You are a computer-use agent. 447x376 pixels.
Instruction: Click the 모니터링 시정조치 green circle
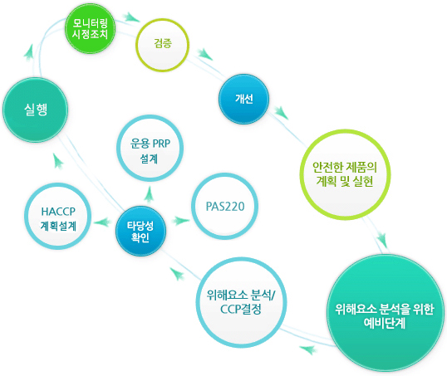click(90, 28)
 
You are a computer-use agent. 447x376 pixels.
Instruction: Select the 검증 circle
click(163, 45)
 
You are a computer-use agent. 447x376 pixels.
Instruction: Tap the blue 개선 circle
click(243, 99)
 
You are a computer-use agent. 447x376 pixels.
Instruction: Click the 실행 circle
click(36, 110)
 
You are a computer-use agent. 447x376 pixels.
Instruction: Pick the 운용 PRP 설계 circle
click(150, 148)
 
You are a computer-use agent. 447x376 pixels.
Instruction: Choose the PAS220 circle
click(224, 207)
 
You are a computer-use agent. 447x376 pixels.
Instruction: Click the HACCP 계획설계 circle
click(58, 217)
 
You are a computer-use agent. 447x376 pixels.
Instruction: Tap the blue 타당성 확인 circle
click(140, 231)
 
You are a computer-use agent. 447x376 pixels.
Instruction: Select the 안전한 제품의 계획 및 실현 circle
click(346, 174)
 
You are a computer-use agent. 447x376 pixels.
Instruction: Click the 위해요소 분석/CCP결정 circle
click(241, 302)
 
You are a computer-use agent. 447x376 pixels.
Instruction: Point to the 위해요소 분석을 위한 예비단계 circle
click(386, 313)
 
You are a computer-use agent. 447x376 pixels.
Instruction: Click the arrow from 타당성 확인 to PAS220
click(180, 221)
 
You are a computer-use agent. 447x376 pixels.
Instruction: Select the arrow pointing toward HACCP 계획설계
click(103, 222)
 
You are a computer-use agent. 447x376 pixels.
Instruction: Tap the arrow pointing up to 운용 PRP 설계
click(149, 193)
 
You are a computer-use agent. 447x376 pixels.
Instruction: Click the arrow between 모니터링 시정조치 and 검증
click(131, 17)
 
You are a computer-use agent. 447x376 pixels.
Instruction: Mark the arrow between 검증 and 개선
click(204, 54)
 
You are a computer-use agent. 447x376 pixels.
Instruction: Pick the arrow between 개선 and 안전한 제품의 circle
click(281, 113)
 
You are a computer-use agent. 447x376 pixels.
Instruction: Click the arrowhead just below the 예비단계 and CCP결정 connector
click(308, 349)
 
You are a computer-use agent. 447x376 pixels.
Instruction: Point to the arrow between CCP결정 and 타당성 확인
click(177, 274)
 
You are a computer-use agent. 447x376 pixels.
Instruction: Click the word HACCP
click(58, 212)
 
